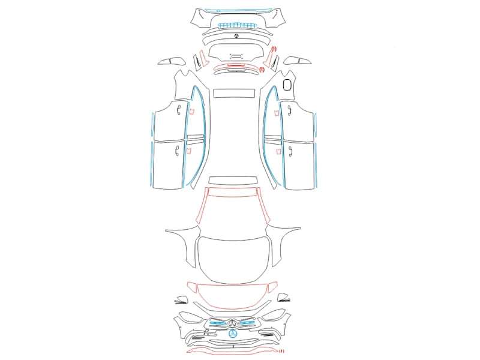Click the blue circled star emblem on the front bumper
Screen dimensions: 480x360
(x=233, y=334)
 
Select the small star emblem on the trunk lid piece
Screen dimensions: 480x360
(x=236, y=36)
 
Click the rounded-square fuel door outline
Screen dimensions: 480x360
(x=287, y=85)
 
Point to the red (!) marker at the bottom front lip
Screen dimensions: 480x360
(x=281, y=351)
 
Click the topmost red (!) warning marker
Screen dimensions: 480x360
(x=274, y=49)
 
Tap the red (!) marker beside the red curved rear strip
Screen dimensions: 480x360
(x=262, y=70)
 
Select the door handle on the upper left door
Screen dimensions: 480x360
(x=178, y=110)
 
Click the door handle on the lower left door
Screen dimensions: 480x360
(x=177, y=151)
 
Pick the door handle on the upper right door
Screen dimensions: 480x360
(x=289, y=110)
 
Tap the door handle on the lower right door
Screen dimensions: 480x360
(x=290, y=152)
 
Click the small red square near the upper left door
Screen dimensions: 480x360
(x=191, y=112)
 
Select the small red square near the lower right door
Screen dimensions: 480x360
(x=279, y=152)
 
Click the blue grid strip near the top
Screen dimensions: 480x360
(x=236, y=25)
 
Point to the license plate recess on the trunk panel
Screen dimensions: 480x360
(x=236, y=56)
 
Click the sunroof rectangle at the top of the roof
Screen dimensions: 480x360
(x=234, y=93)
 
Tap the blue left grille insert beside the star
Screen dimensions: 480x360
(x=218, y=323)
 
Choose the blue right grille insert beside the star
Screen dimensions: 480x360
(x=248, y=323)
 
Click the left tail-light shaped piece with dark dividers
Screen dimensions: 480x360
(x=172, y=61)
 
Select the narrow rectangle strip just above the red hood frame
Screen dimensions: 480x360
(x=232, y=181)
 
